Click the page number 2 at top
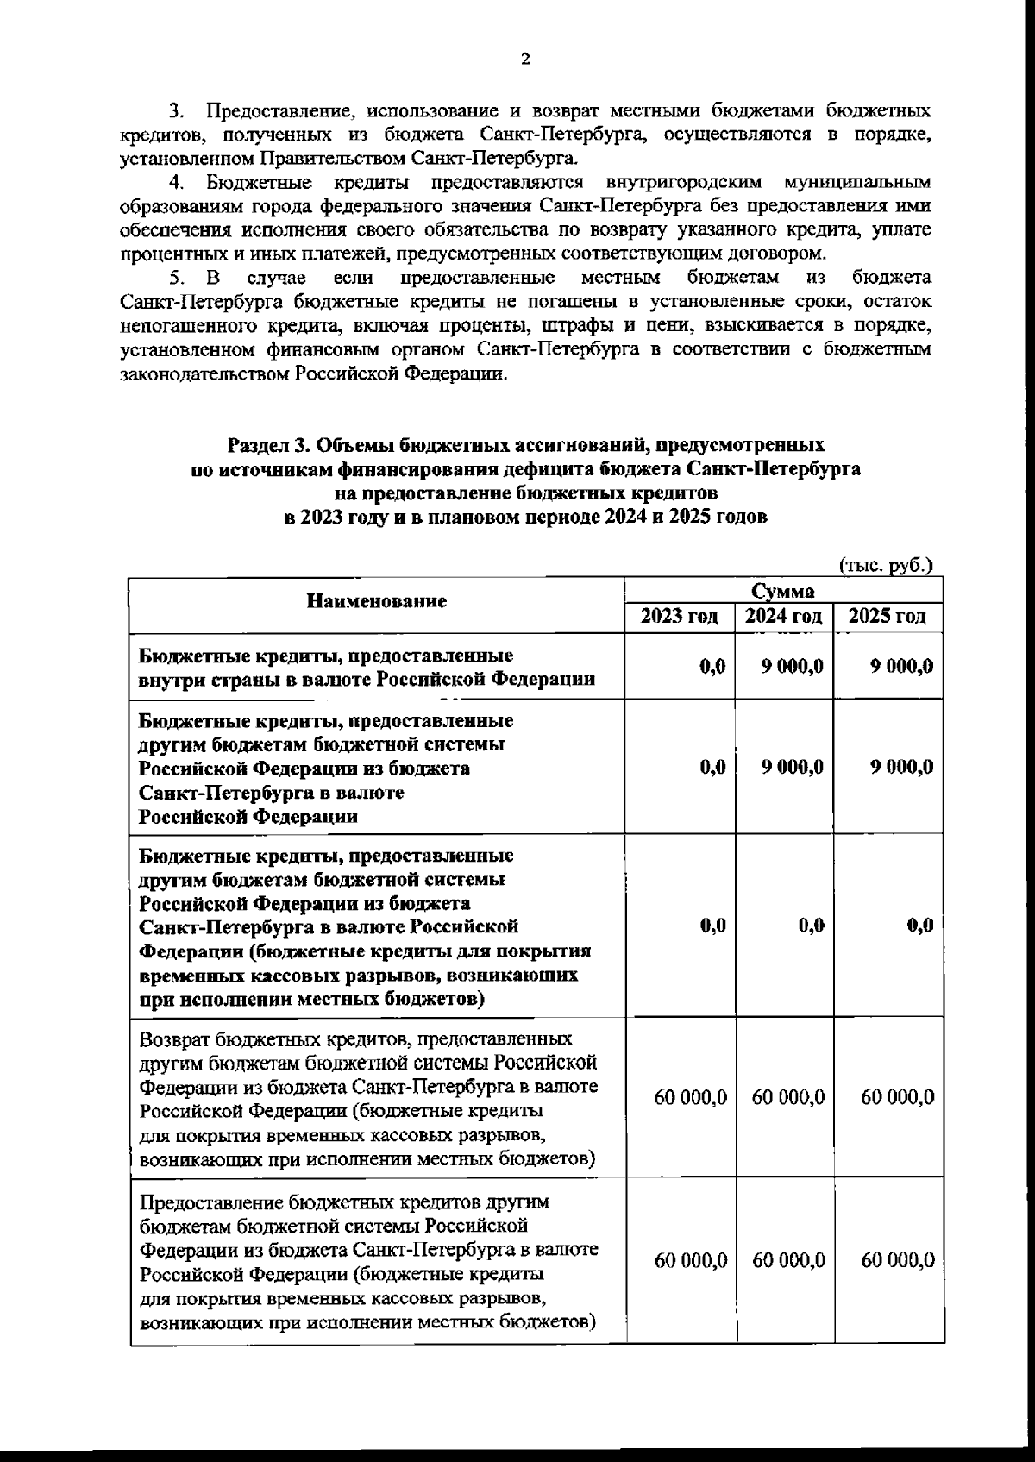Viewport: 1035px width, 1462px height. (x=525, y=60)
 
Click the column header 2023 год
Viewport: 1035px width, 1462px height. (x=681, y=617)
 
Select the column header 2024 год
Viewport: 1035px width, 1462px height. (x=784, y=617)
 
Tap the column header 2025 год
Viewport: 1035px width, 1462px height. (x=888, y=617)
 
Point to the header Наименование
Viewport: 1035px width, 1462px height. (x=378, y=602)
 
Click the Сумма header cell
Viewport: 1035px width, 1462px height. (x=783, y=592)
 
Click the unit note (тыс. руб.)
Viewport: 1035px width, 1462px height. (x=887, y=566)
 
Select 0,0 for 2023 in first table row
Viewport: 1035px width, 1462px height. (x=712, y=666)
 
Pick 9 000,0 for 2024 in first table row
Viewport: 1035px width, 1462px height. (x=793, y=666)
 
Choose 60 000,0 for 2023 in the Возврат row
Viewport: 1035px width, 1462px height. (x=691, y=1097)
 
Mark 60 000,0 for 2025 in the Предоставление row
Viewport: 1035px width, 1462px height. (x=898, y=1260)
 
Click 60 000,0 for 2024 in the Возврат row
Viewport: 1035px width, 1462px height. (x=788, y=1097)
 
